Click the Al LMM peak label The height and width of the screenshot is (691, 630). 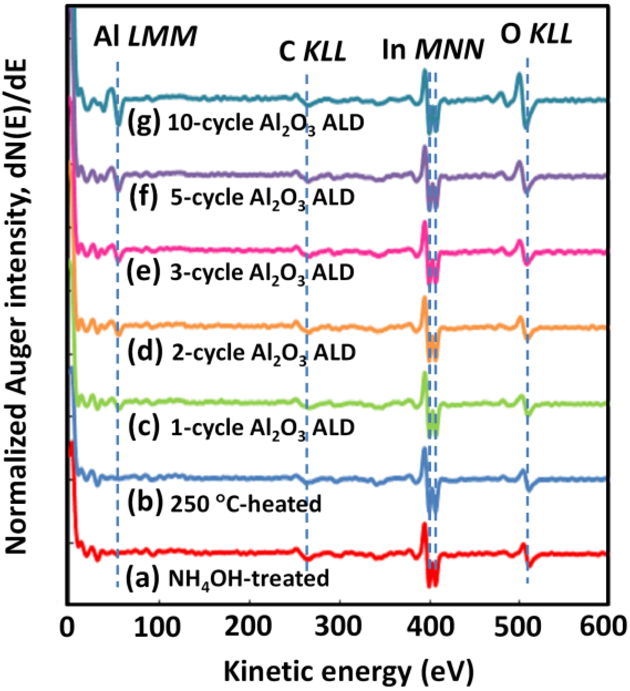tap(145, 37)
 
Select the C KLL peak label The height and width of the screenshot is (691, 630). tap(312, 51)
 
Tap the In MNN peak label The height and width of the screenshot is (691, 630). tap(432, 50)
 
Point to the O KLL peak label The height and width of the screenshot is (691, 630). tap(536, 34)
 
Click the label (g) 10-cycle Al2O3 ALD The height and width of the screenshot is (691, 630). tap(246, 123)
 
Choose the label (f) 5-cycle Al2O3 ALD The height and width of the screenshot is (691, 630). tap(242, 198)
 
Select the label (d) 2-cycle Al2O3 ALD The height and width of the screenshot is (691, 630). tap(241, 352)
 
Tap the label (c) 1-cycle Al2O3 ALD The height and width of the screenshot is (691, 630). tap(241, 427)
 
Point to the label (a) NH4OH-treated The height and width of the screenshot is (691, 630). tap(227, 578)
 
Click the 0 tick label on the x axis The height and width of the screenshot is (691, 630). tap(67, 627)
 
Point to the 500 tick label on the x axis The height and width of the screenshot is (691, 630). tap(518, 627)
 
